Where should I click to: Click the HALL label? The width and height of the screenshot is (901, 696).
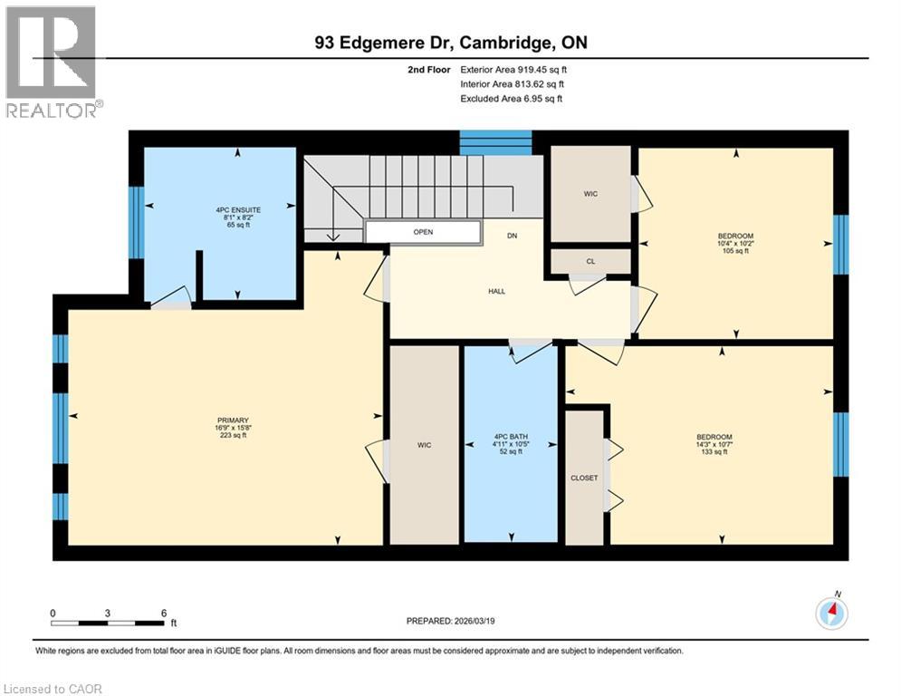(x=496, y=291)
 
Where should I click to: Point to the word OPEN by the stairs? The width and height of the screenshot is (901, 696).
(x=423, y=232)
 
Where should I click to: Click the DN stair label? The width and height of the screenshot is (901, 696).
(x=512, y=236)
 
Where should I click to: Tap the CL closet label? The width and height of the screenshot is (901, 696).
(x=590, y=261)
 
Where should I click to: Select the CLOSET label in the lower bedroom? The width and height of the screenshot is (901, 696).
(x=584, y=478)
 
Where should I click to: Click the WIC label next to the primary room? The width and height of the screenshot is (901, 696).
(x=424, y=445)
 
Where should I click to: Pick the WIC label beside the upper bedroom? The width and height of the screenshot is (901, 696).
(x=590, y=194)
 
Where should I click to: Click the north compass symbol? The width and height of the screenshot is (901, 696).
(x=831, y=614)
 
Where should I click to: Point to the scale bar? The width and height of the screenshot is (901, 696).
(x=108, y=623)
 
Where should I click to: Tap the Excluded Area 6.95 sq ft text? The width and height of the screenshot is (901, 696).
(x=511, y=99)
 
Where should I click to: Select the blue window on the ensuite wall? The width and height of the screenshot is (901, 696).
(x=136, y=210)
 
